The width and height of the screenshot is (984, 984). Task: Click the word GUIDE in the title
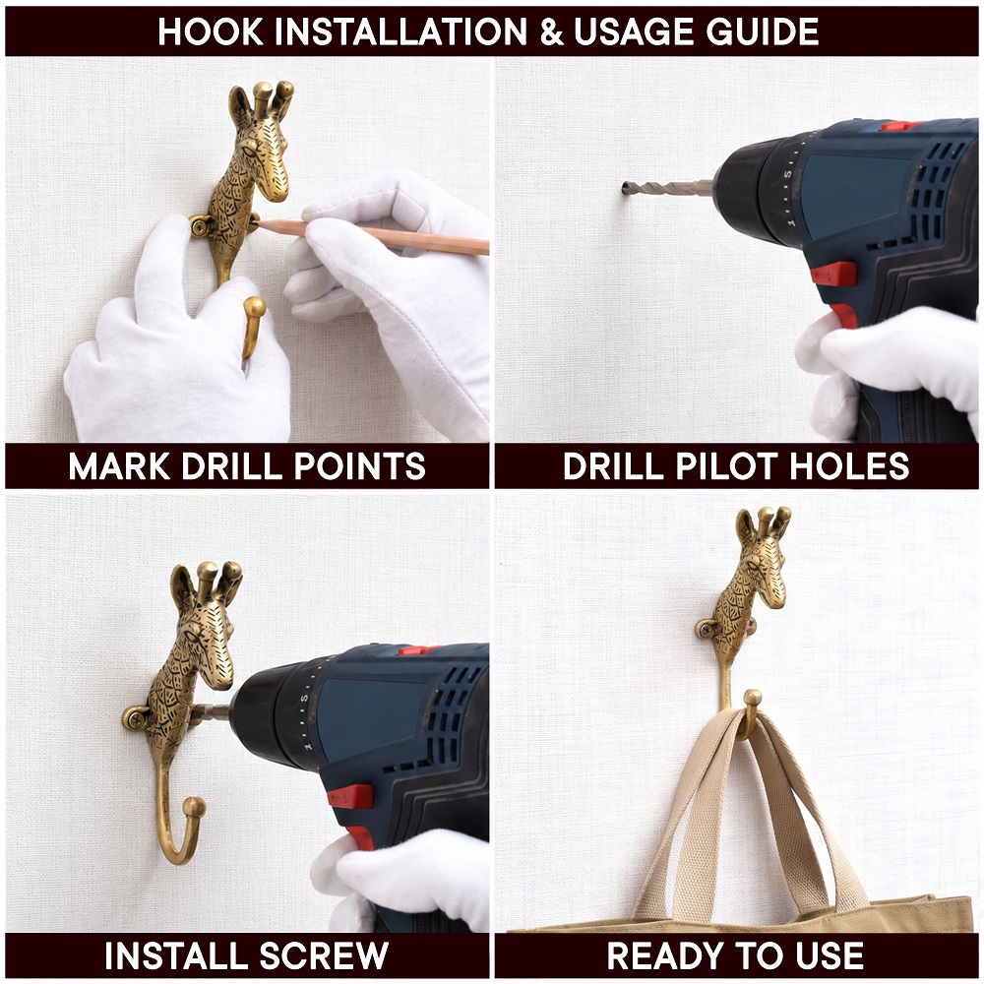[x=763, y=31]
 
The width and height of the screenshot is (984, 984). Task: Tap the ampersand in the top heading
[x=551, y=32]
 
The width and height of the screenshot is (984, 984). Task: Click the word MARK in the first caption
[x=119, y=466]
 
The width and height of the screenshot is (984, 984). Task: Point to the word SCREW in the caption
[x=324, y=955]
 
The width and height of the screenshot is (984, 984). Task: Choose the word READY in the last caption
[x=663, y=955]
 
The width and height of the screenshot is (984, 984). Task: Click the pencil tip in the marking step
[x=260, y=222]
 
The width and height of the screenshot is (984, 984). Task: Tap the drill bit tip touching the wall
[x=626, y=188]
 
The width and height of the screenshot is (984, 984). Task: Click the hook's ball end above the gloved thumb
[x=254, y=307]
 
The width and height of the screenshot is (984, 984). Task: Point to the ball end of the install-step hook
[x=194, y=807]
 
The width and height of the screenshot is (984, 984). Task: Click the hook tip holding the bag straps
[x=752, y=699]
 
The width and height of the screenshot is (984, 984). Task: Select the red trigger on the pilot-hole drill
[x=833, y=274]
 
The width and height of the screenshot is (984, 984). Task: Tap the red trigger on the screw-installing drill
[x=349, y=796]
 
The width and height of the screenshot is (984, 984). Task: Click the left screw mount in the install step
[x=135, y=718]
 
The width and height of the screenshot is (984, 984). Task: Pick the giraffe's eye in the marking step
[x=249, y=151]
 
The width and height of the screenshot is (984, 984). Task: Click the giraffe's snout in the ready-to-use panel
[x=776, y=595]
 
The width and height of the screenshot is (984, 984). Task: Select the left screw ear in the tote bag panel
[x=707, y=629]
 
